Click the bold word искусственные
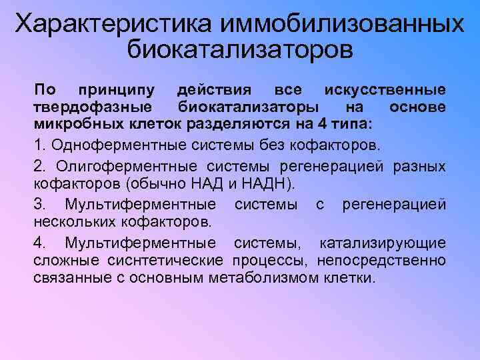click(385, 89)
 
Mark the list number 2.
click(38, 165)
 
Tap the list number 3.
click(38, 204)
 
